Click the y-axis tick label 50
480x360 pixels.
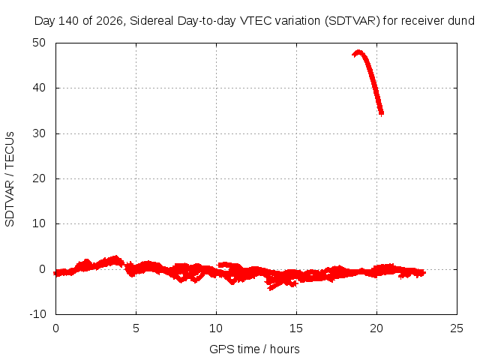point(39,43)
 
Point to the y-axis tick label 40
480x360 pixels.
point(39,88)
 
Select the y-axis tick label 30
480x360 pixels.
point(39,133)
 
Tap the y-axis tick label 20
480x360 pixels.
point(39,178)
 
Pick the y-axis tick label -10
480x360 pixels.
point(37,314)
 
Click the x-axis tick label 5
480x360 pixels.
point(136,328)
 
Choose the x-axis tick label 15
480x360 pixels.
point(296,328)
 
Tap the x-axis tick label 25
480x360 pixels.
point(457,328)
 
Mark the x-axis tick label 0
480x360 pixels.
point(55,328)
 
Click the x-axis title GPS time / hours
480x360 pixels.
point(254,349)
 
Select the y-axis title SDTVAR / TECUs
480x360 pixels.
point(10,179)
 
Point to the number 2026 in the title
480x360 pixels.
point(109,21)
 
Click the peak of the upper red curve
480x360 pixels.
point(358,52)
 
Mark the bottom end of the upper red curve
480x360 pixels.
point(382,115)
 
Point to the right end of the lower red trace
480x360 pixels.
point(424,272)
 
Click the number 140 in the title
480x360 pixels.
point(69,21)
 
